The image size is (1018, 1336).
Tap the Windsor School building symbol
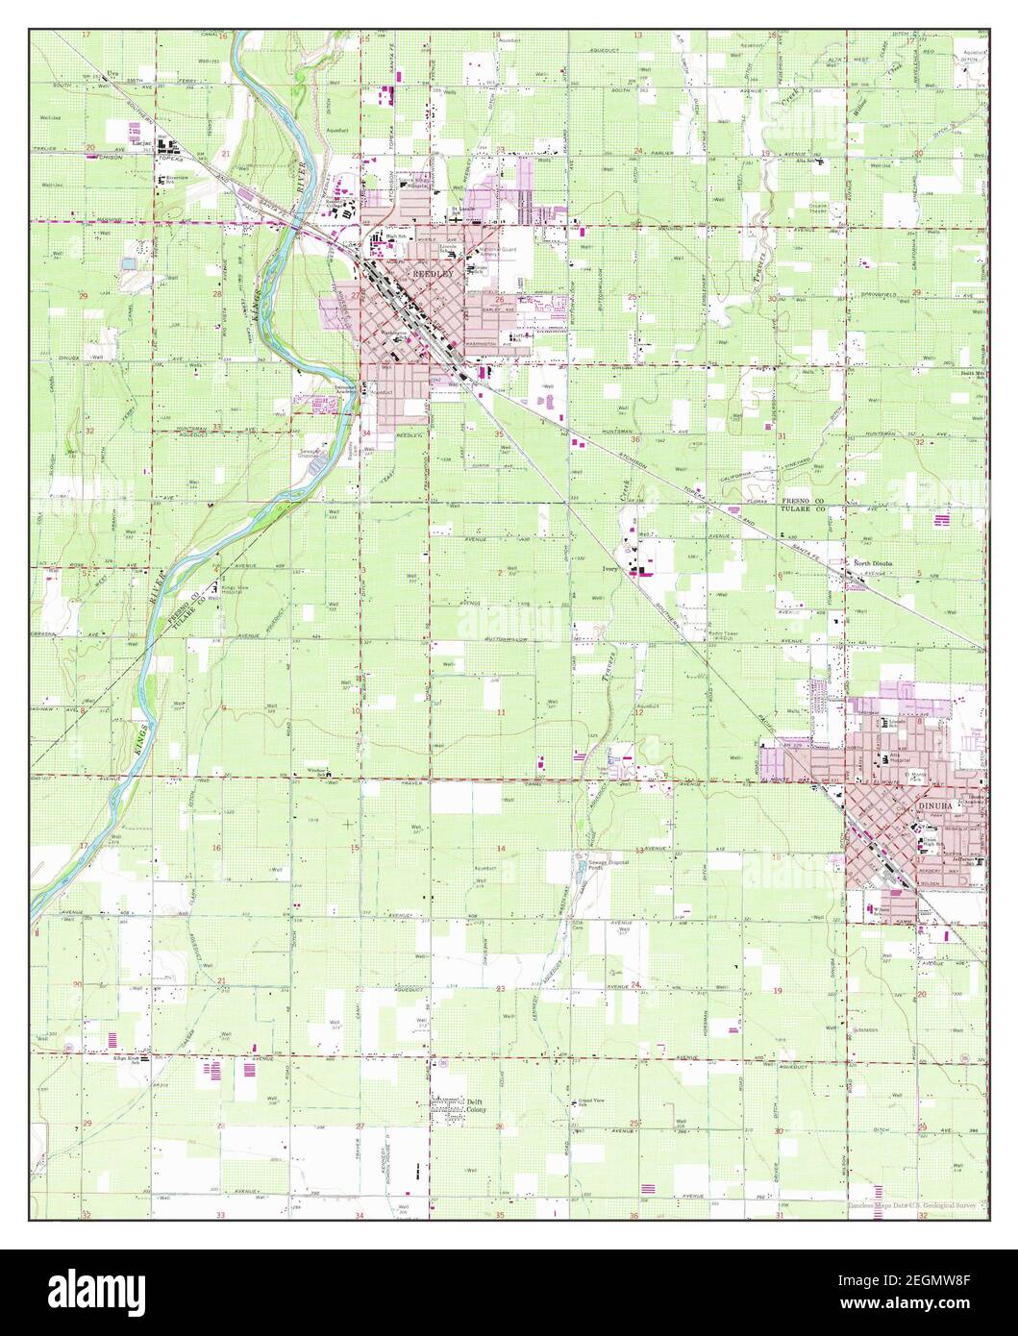[328, 775]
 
